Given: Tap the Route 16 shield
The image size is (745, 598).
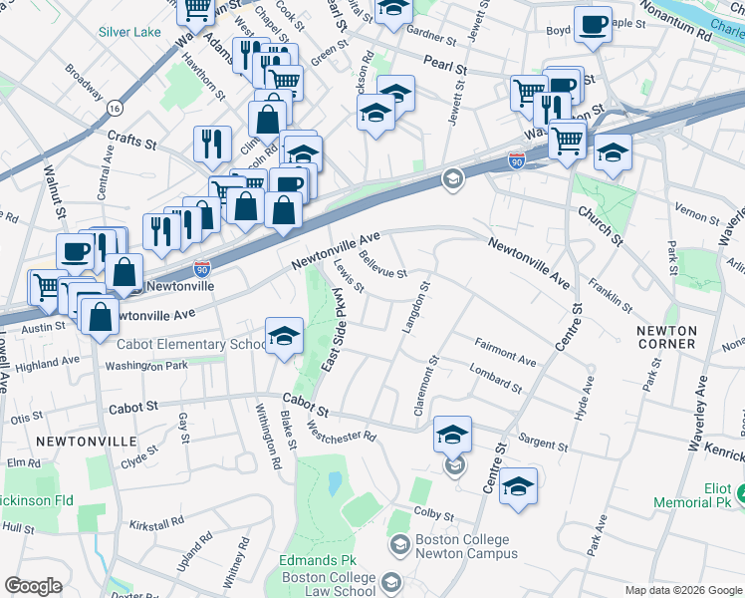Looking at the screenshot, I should pos(117,107).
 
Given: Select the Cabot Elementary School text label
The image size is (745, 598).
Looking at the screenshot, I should pos(188,345).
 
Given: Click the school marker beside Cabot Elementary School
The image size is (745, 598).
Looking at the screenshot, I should pos(284,336).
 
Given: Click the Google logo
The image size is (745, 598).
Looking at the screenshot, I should pos(33,586).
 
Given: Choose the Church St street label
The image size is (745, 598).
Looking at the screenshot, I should pos(600,228).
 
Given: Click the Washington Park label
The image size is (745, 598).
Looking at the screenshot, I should pos(148,367).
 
